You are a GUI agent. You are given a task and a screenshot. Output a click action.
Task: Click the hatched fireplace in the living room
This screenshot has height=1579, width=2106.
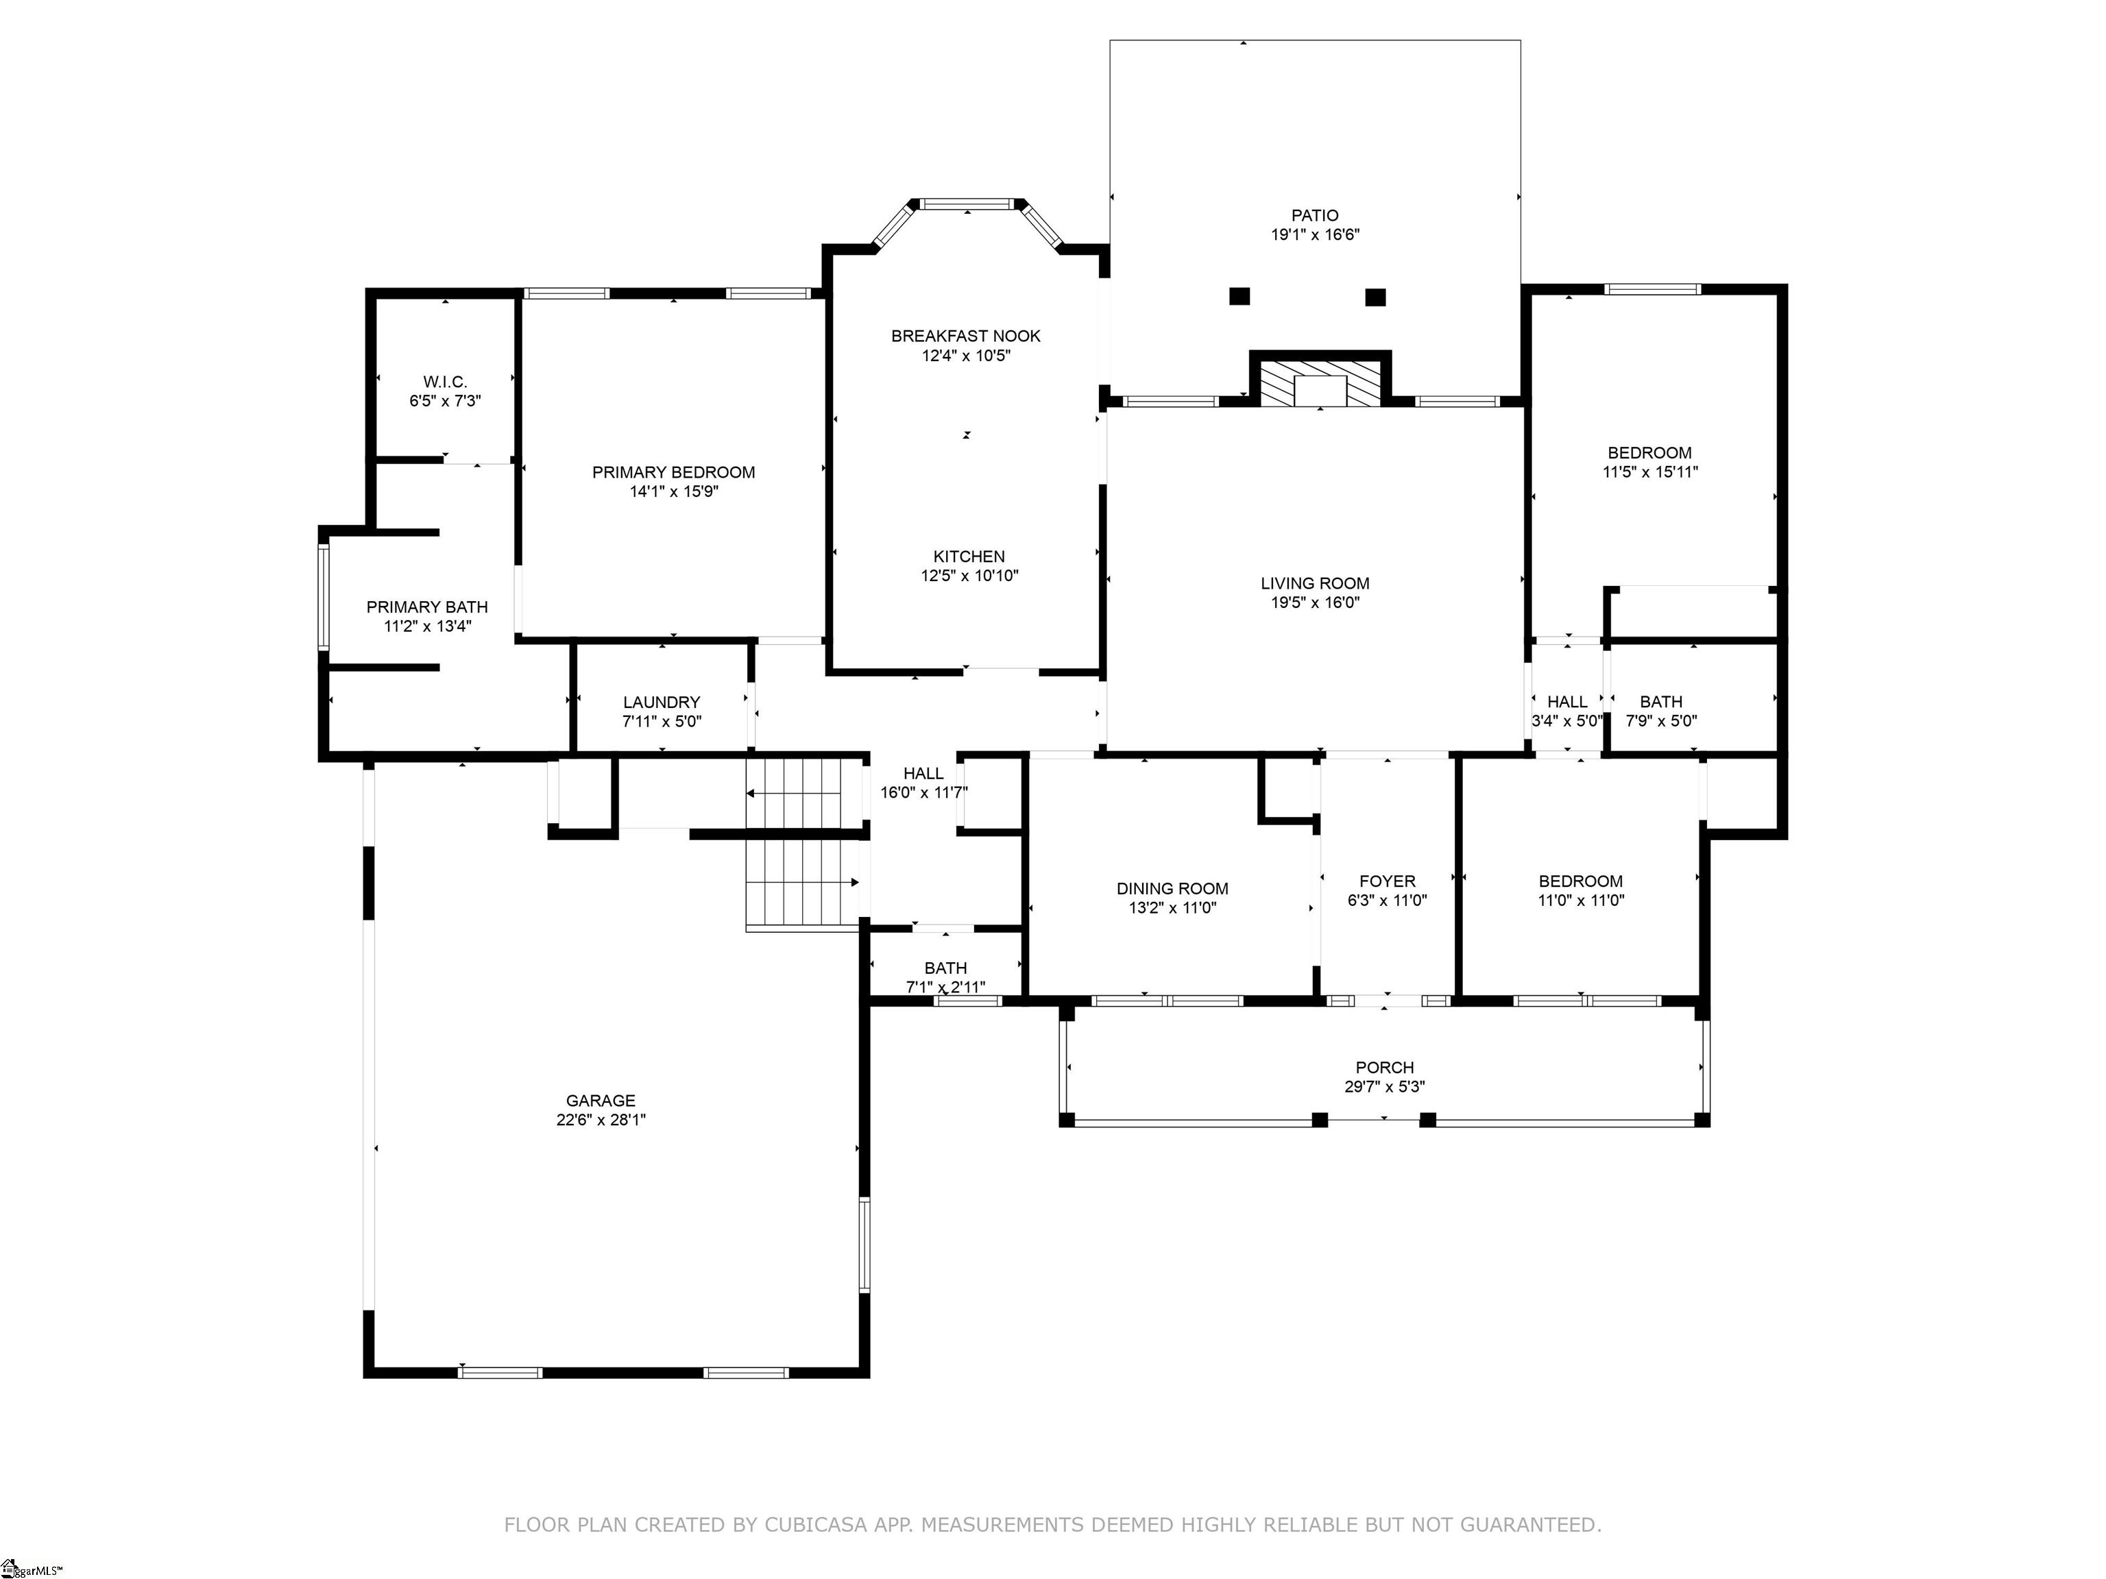click(x=1320, y=382)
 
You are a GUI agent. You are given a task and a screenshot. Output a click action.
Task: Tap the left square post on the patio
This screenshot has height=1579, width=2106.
click(x=1239, y=296)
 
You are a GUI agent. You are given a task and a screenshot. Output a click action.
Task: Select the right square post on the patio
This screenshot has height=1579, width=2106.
click(x=1375, y=297)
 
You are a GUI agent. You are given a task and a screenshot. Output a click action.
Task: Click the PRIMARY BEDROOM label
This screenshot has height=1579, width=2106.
click(x=673, y=472)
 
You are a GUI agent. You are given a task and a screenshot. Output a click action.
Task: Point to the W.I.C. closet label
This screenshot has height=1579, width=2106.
click(x=445, y=382)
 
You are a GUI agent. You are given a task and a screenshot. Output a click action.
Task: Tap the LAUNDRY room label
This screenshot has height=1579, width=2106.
click(x=662, y=702)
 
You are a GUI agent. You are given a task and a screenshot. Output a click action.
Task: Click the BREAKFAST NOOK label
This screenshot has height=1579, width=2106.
click(x=965, y=336)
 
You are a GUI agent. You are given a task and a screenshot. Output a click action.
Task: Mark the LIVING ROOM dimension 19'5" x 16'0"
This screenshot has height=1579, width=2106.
click(x=1315, y=602)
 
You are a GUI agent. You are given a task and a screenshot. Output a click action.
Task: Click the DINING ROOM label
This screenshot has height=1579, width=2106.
click(x=1172, y=889)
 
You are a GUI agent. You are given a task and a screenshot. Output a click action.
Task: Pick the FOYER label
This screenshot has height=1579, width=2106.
click(x=1387, y=881)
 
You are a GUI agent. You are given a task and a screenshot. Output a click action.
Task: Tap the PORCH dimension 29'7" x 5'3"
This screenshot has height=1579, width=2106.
click(x=1384, y=1087)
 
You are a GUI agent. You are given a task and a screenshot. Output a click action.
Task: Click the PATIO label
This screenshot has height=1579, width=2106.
click(x=1315, y=216)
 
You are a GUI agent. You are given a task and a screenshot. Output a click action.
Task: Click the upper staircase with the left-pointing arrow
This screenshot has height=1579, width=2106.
click(x=806, y=793)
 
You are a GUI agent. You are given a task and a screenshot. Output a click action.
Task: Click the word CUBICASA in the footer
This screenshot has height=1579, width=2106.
click(x=816, y=1525)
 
